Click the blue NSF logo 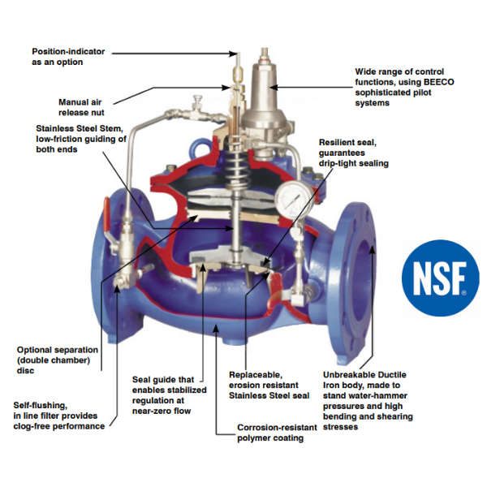(439, 279)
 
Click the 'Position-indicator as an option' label (58, 56)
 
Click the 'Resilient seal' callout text (353, 152)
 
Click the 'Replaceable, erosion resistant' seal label (268, 385)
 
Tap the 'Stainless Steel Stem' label (80, 139)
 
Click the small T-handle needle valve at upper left (197, 102)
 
